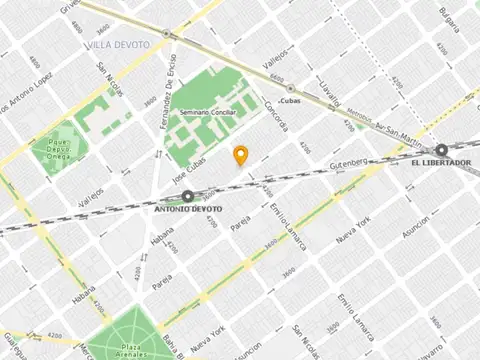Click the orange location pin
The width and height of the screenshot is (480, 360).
click(240, 156)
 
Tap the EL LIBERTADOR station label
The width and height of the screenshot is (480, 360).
click(440, 163)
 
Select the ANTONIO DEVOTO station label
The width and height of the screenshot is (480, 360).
click(187, 210)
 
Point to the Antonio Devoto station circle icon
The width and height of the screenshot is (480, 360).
click(187, 197)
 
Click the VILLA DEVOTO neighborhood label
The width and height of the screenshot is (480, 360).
click(113, 46)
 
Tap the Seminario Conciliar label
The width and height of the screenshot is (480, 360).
click(207, 113)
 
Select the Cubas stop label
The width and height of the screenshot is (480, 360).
click(291, 101)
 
